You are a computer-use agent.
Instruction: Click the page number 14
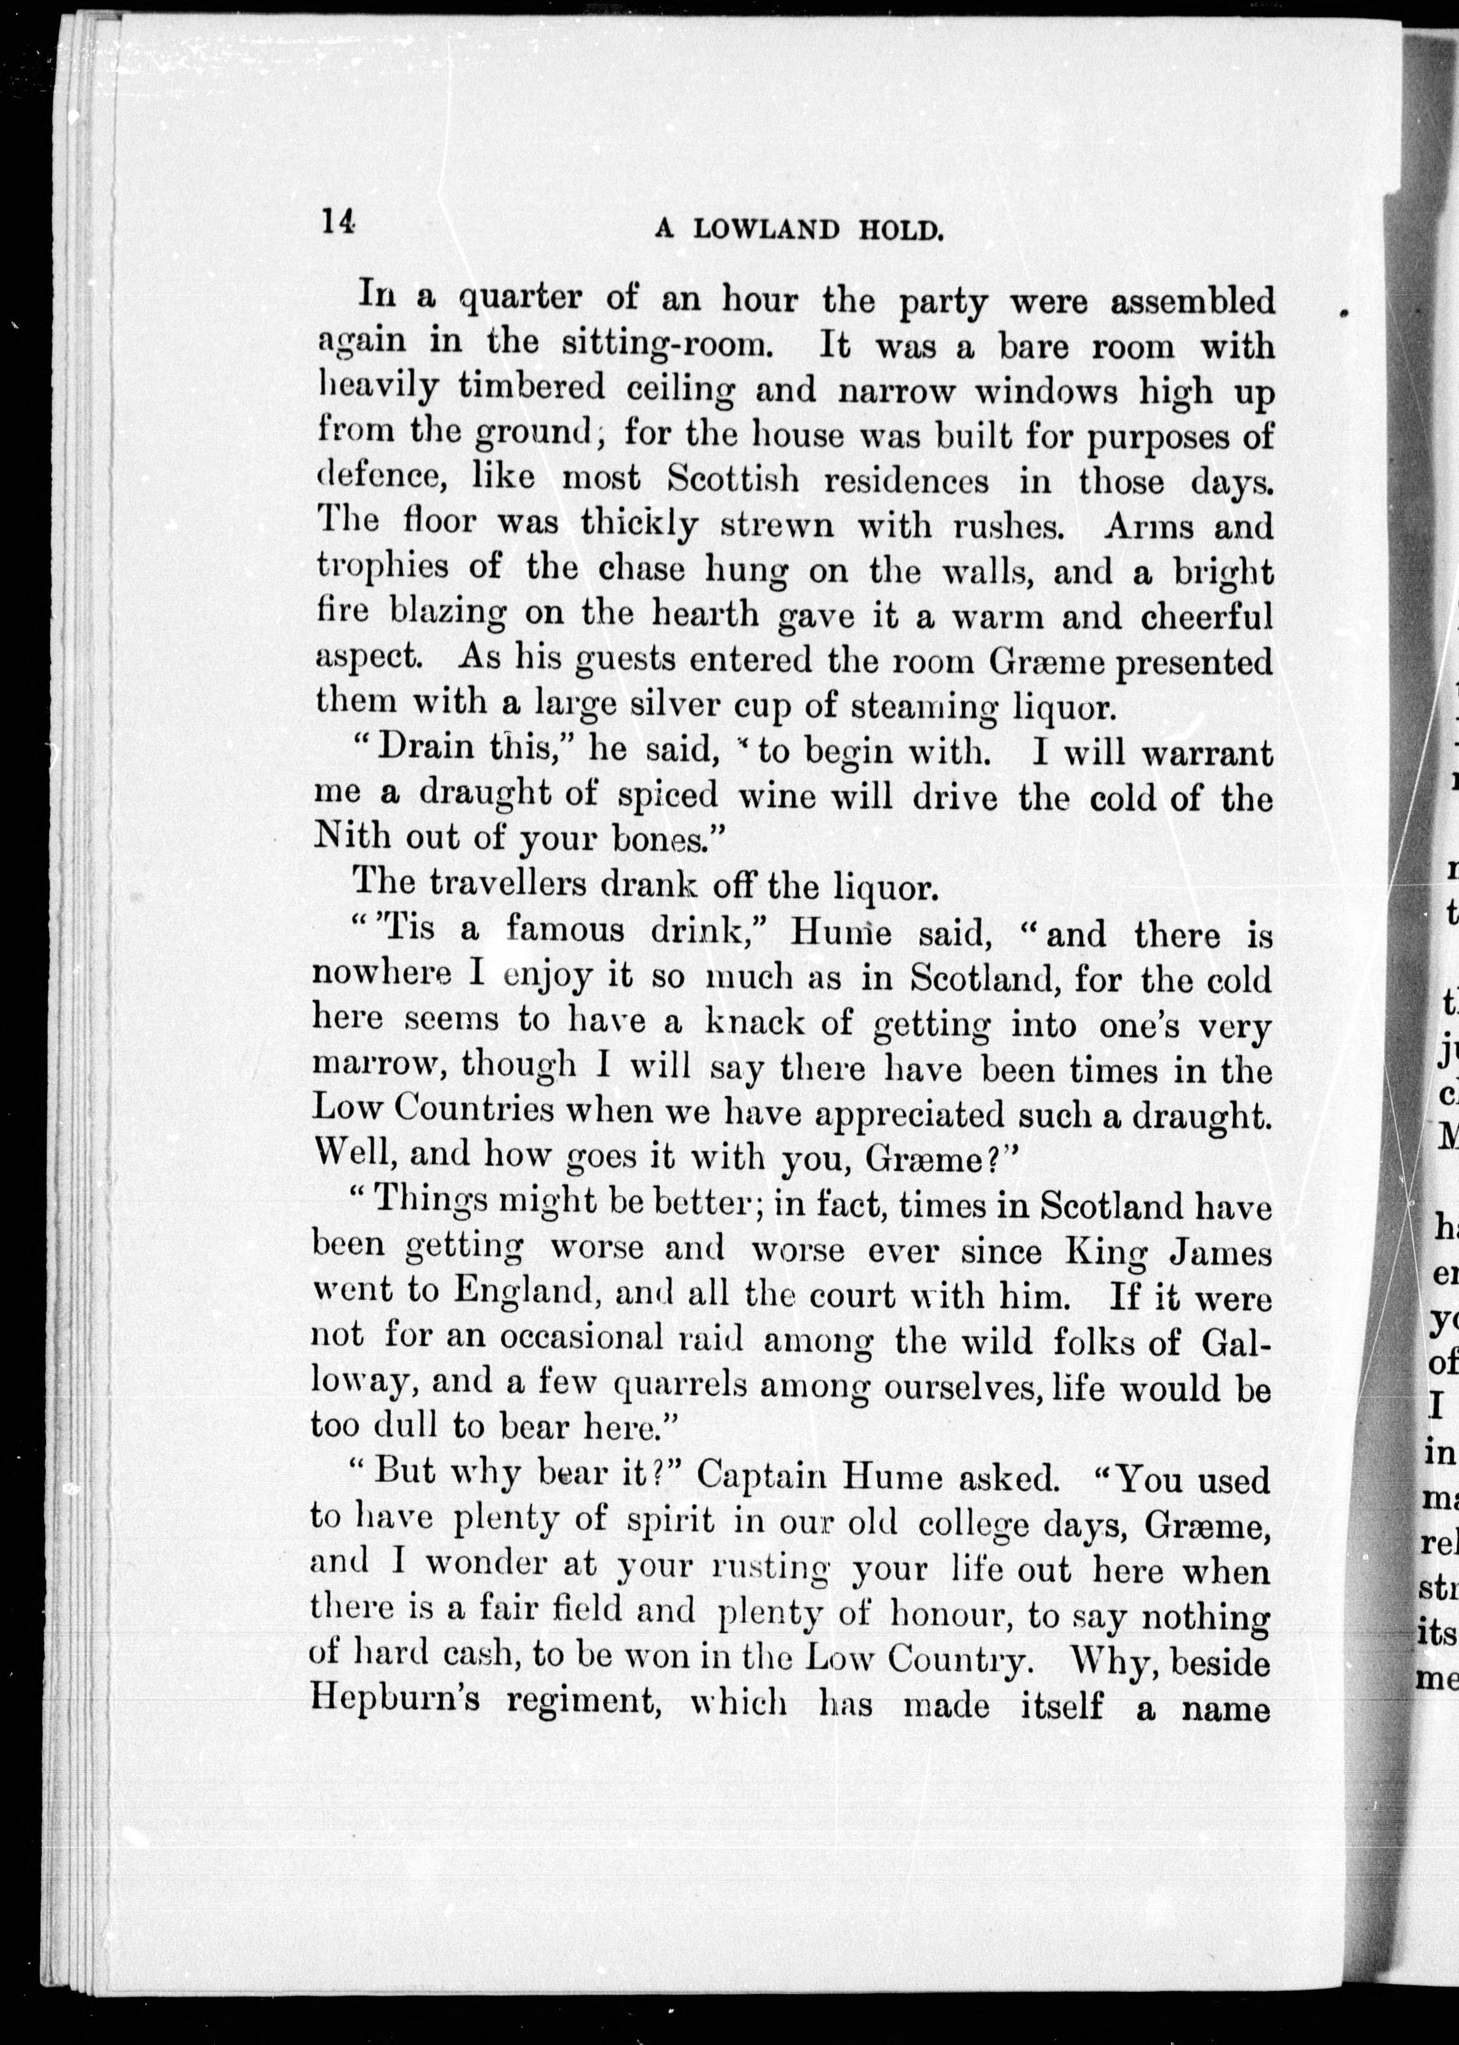point(339,221)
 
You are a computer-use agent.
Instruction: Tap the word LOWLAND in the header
point(766,230)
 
